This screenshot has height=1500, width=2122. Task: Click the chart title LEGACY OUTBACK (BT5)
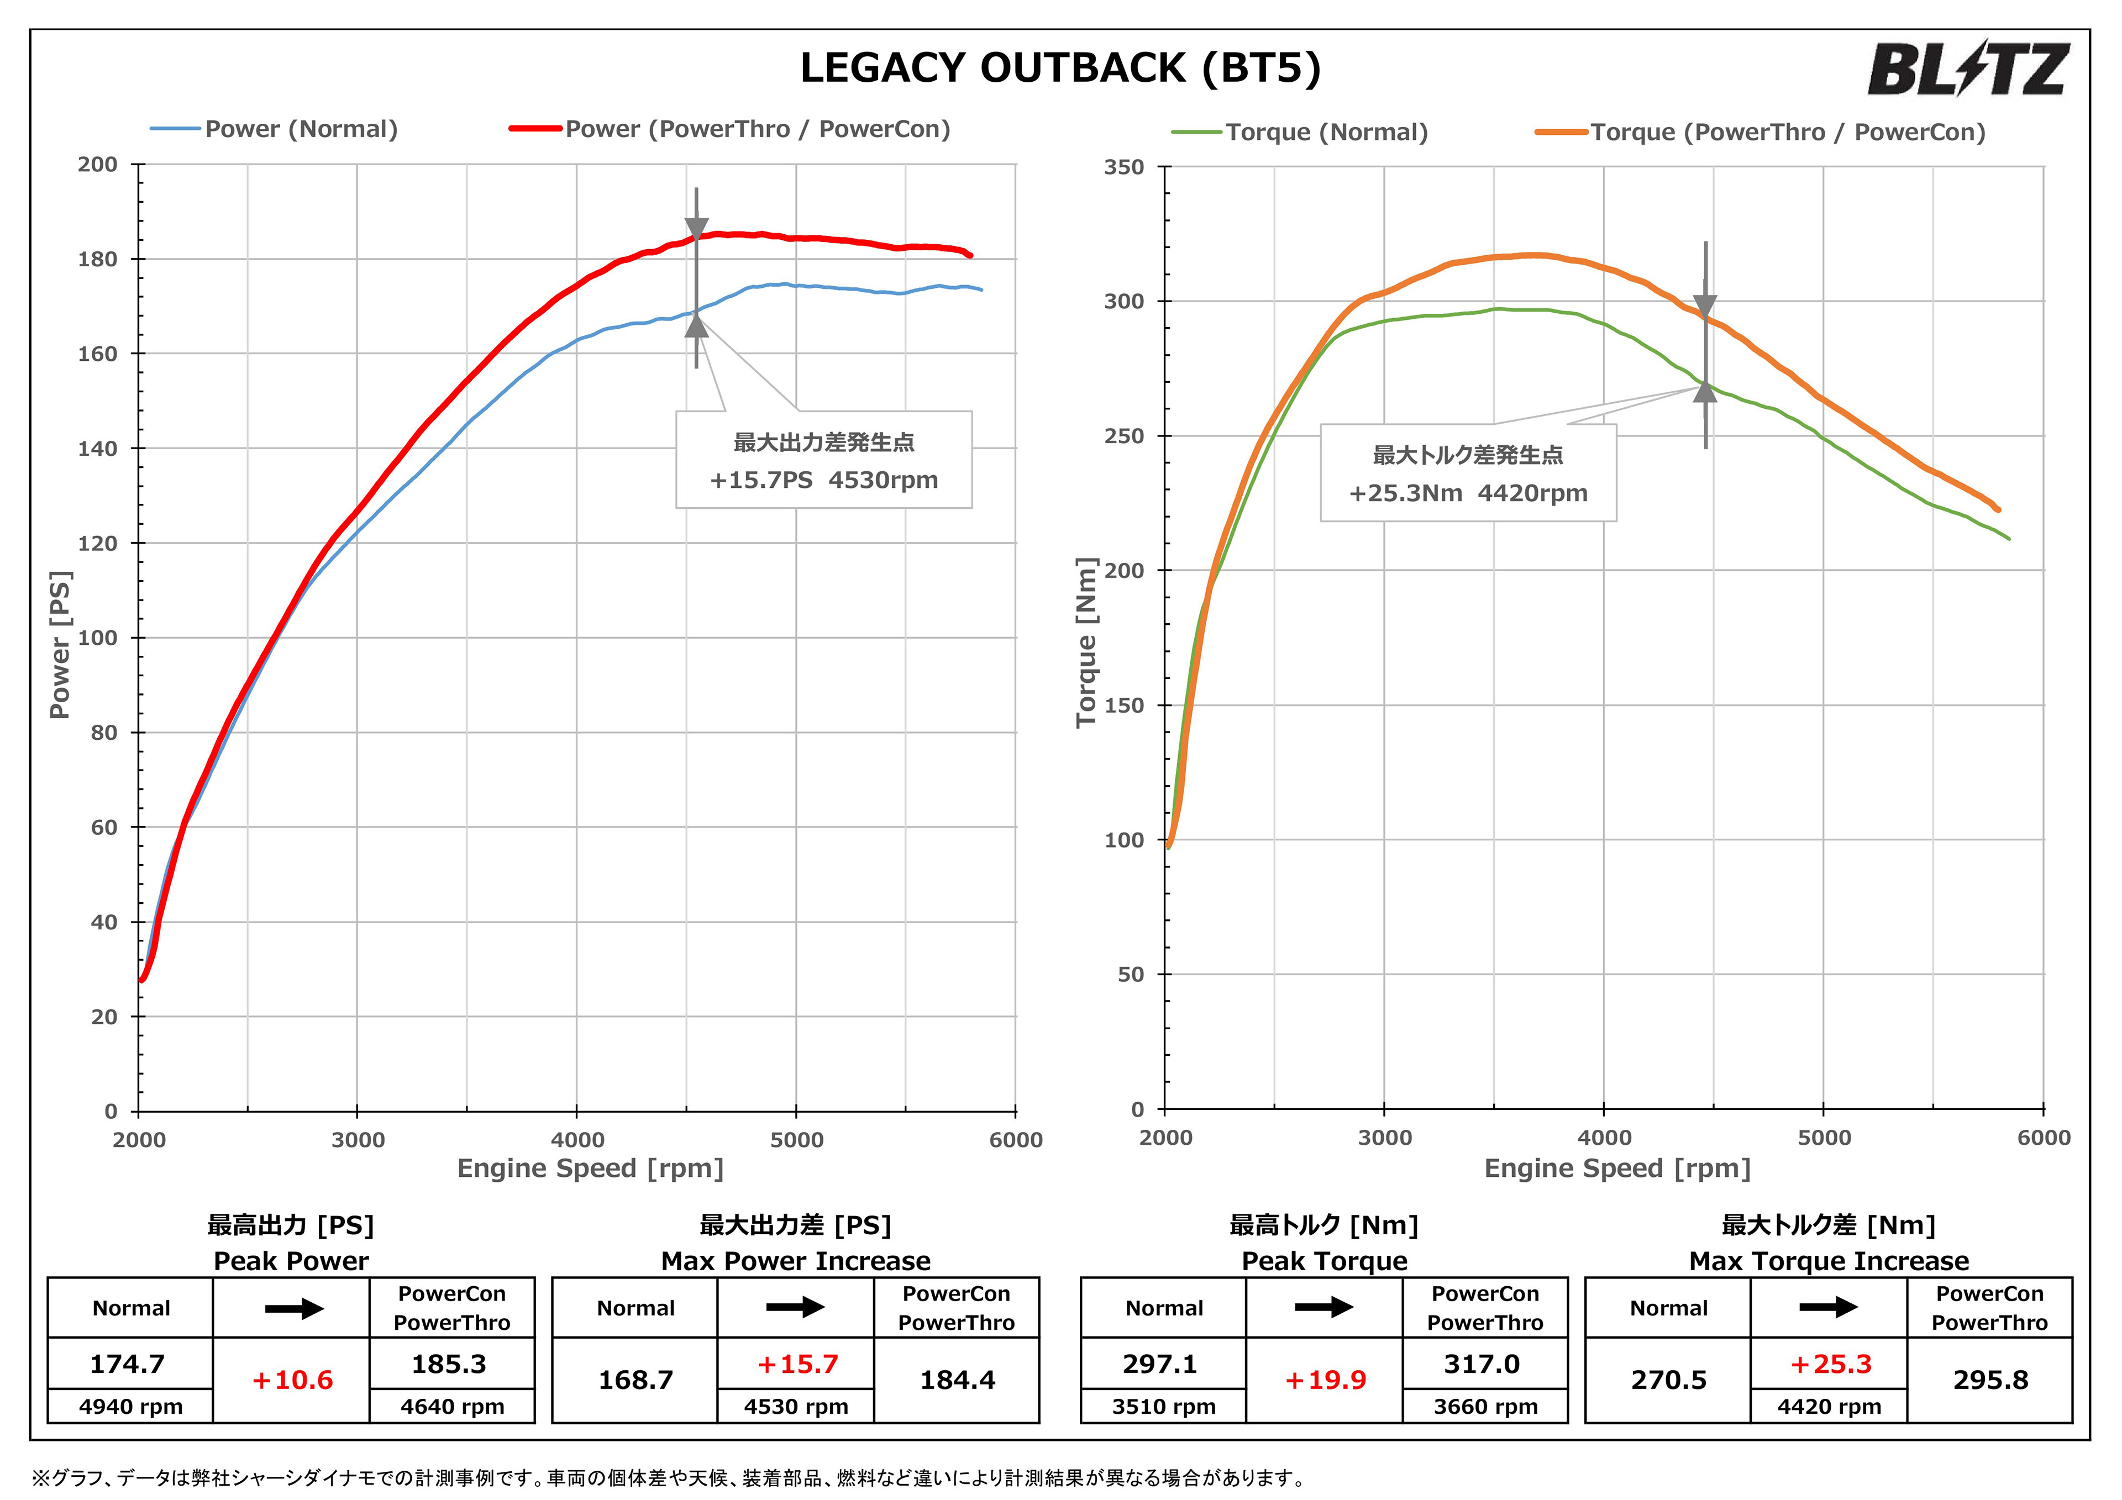tap(1060, 69)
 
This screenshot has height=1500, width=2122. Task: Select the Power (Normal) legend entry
tap(275, 129)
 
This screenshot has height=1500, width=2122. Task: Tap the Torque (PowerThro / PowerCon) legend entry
tap(1761, 132)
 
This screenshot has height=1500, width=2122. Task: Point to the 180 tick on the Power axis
tap(98, 260)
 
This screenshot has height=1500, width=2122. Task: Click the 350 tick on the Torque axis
tap(1124, 167)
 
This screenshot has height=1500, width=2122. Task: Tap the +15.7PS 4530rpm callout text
tap(823, 481)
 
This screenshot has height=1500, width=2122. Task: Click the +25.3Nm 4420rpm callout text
tap(1468, 493)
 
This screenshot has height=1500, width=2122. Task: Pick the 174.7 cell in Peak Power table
tap(128, 1364)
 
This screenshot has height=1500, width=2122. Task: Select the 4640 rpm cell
tap(452, 1407)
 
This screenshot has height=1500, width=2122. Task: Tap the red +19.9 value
tap(1325, 1380)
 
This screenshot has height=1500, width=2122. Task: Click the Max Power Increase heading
tap(796, 1261)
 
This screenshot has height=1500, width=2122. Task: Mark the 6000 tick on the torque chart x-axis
tap(2044, 1138)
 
